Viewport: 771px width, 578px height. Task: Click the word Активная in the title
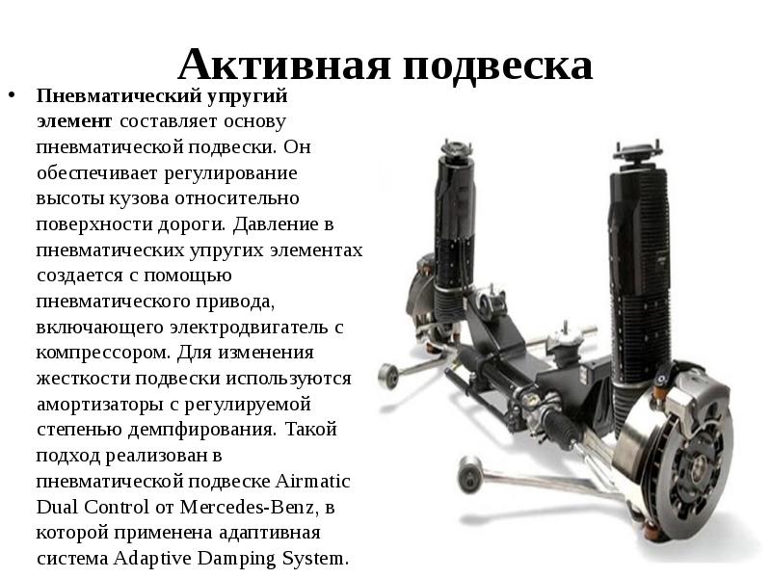click(x=284, y=64)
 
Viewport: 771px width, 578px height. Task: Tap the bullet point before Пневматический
click(x=13, y=94)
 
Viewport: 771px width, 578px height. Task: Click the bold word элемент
click(x=74, y=121)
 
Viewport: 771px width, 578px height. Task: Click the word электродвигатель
click(x=249, y=327)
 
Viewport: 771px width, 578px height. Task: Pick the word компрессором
click(x=104, y=353)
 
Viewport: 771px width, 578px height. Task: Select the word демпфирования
click(x=201, y=430)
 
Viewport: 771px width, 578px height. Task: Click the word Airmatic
click(x=312, y=480)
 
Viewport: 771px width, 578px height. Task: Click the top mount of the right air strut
click(x=639, y=151)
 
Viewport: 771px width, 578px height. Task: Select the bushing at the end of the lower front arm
click(x=469, y=474)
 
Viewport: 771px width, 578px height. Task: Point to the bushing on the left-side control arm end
click(x=388, y=376)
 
